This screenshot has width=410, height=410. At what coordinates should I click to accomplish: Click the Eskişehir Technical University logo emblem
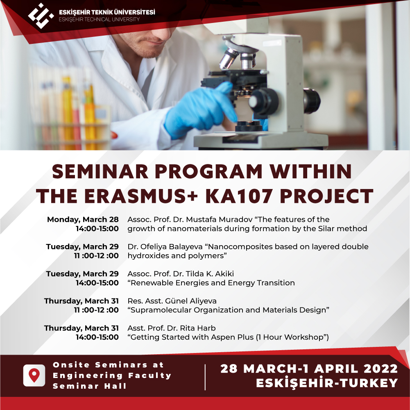[41, 16]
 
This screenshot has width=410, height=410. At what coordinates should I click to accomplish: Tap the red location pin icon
[34, 375]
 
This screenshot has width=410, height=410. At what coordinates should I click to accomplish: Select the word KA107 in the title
[238, 196]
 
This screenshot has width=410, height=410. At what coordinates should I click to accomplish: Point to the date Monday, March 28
[83, 219]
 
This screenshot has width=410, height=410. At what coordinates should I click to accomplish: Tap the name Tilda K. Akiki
[210, 273]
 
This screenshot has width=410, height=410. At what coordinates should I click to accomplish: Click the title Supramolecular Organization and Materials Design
[228, 310]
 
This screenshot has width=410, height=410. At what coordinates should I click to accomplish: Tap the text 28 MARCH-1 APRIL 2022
[309, 369]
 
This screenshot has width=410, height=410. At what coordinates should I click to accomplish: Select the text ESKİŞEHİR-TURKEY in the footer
[327, 383]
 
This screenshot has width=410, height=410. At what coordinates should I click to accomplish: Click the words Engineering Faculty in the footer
[112, 376]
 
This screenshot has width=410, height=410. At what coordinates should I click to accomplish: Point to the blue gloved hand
[200, 111]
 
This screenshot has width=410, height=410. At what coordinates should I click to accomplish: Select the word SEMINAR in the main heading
[100, 172]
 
